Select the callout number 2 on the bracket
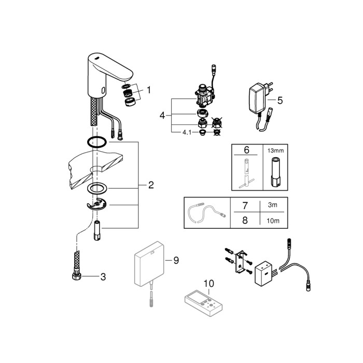151,185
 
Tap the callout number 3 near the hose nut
103,277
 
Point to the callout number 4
162,116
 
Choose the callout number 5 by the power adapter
280,100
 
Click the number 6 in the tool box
246,150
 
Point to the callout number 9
176,260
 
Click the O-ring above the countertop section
96,143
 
